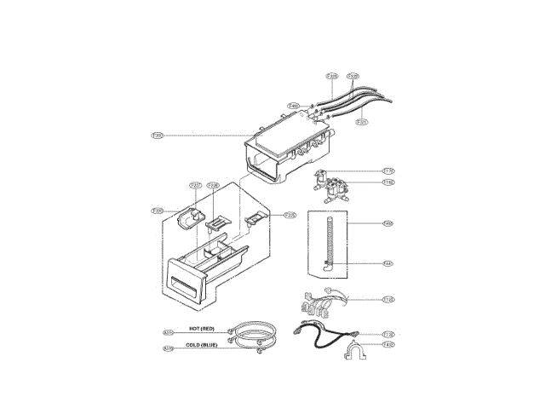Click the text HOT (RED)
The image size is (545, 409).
(x=207, y=328)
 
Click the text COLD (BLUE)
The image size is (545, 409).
(x=208, y=346)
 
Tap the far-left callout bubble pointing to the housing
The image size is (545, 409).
(x=157, y=135)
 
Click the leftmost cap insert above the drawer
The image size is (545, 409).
(x=188, y=217)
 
